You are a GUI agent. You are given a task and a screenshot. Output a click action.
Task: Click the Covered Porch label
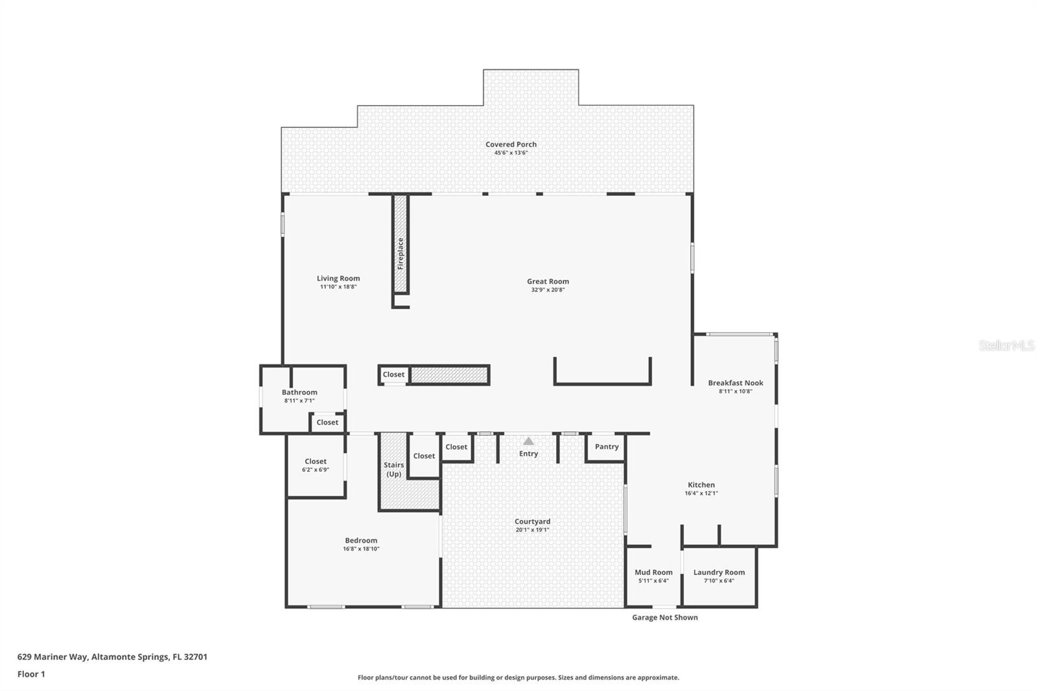coord(511,145)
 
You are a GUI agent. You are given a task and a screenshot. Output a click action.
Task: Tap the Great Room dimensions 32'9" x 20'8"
coord(548,290)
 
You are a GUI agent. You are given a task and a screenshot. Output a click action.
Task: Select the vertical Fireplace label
coord(401,253)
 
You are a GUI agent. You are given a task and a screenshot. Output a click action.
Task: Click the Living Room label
coord(338,279)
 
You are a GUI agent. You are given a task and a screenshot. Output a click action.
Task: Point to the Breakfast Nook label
coord(735,383)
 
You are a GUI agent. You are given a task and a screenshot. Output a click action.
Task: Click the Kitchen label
coord(701,485)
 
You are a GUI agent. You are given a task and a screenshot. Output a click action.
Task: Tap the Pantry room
coord(607,447)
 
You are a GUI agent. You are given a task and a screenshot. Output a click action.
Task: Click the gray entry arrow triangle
coord(528,441)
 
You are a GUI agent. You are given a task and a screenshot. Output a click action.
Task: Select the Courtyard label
coord(532,521)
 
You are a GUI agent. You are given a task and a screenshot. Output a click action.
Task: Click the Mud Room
coord(653,572)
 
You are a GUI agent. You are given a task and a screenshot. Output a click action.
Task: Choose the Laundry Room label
coord(719,572)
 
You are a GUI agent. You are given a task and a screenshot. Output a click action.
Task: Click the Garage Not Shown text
coord(664,617)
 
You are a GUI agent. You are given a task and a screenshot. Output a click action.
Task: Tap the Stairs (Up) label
coord(393,469)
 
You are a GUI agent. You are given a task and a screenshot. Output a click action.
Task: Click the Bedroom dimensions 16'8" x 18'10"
coord(361,549)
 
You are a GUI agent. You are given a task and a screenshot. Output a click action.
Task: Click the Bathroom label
coord(299,392)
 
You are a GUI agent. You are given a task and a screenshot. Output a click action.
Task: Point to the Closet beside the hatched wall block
coord(393,375)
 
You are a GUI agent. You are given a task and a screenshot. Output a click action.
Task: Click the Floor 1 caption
coord(31,674)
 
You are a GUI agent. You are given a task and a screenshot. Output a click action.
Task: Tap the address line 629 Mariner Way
coord(112,657)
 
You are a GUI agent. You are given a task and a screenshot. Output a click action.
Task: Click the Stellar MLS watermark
coord(1006,345)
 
